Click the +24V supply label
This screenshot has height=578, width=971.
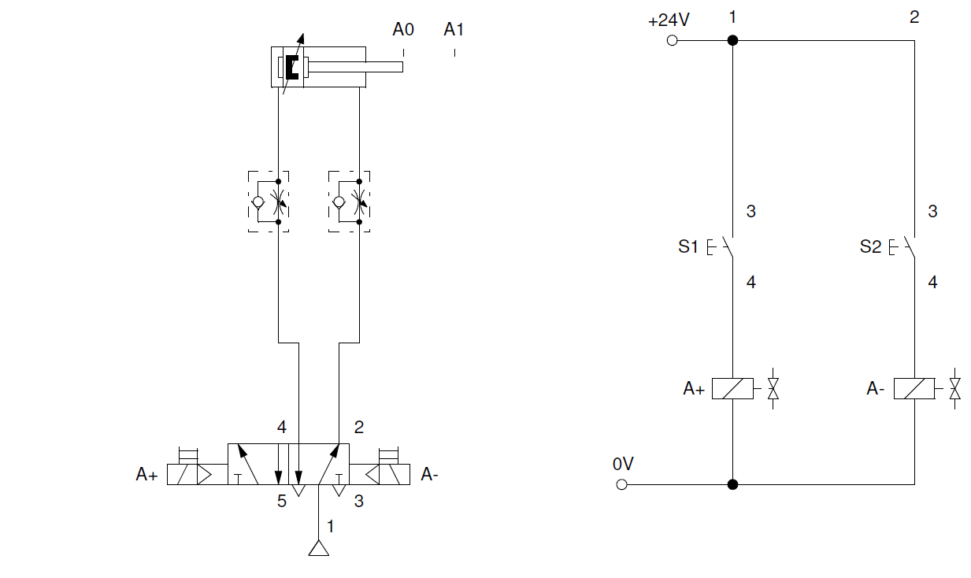pos(669,20)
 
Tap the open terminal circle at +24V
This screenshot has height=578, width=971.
pos(672,40)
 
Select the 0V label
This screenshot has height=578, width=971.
pos(623,464)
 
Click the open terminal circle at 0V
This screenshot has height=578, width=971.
pos(621,484)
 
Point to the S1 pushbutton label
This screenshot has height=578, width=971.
pos(688,246)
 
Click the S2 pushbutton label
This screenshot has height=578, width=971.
pos(870,246)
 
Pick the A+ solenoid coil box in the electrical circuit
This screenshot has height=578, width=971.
pos(732,388)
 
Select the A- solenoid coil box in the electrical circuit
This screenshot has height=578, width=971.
pos(914,388)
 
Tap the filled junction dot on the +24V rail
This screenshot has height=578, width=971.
pos(732,40)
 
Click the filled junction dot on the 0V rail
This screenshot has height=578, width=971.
pos(732,484)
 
